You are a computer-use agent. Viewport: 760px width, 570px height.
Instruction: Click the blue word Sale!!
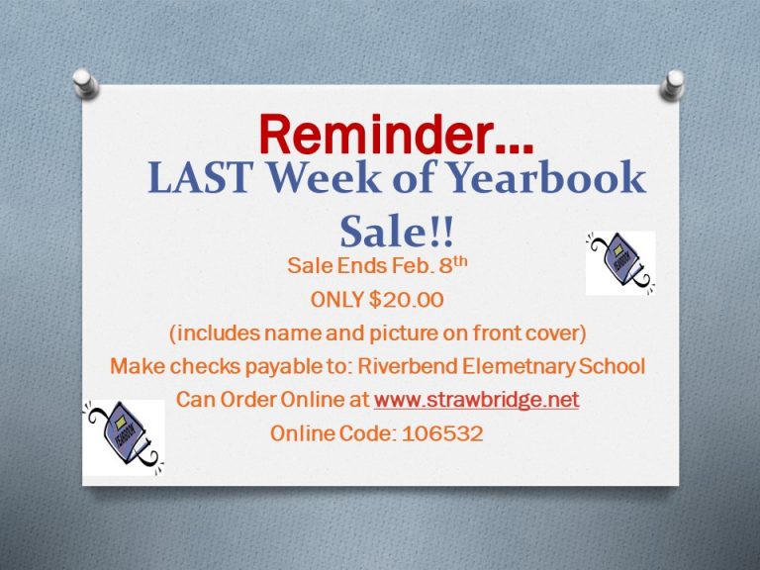[x=397, y=232]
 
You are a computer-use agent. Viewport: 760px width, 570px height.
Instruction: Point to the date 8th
[x=453, y=264]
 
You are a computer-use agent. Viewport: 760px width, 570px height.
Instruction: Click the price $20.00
[x=406, y=300]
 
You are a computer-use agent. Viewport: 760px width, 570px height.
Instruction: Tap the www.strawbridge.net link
[x=476, y=400]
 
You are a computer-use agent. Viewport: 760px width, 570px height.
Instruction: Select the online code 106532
[x=442, y=433]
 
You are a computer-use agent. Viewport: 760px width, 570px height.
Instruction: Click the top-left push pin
[x=86, y=83]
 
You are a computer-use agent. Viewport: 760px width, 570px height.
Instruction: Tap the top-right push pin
[x=673, y=84]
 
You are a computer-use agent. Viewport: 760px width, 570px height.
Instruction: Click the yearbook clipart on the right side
[x=620, y=263]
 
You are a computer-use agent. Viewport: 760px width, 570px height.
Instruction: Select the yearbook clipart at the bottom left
[x=124, y=437]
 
